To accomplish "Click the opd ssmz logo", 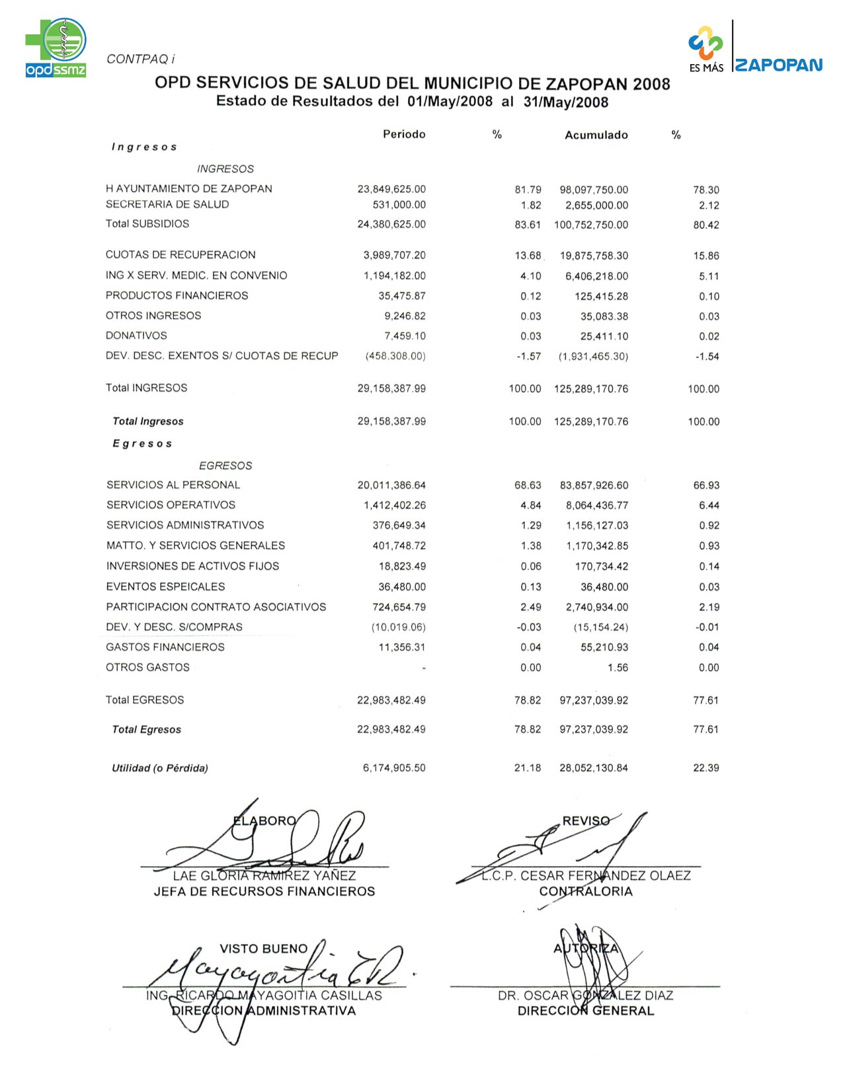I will pyautogui.click(x=56, y=48).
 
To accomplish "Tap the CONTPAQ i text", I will pyautogui.click(x=140, y=59).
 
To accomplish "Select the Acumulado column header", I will pyautogui.click(x=596, y=135).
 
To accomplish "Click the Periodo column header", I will pyautogui.click(x=404, y=135).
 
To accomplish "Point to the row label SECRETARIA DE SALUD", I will pyautogui.click(x=167, y=205).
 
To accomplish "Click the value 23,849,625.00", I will pyautogui.click(x=391, y=190).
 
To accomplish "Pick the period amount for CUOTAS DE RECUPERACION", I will pyautogui.click(x=394, y=256).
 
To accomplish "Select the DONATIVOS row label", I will pyautogui.click(x=136, y=336).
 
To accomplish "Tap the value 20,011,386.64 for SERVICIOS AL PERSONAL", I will pyautogui.click(x=391, y=486).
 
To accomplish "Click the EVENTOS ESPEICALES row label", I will pyautogui.click(x=165, y=587).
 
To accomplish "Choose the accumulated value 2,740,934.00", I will pyautogui.click(x=596, y=607).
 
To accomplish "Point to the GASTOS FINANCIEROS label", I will pyautogui.click(x=165, y=647).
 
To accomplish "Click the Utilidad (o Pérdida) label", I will pyautogui.click(x=160, y=768).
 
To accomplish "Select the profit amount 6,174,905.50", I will pyautogui.click(x=394, y=768).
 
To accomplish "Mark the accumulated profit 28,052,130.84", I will pyautogui.click(x=594, y=768).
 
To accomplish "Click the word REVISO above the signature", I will pyautogui.click(x=586, y=821).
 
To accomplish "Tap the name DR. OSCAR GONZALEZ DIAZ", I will pyautogui.click(x=585, y=996).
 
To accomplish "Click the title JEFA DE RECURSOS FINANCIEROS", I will pyautogui.click(x=264, y=892).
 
